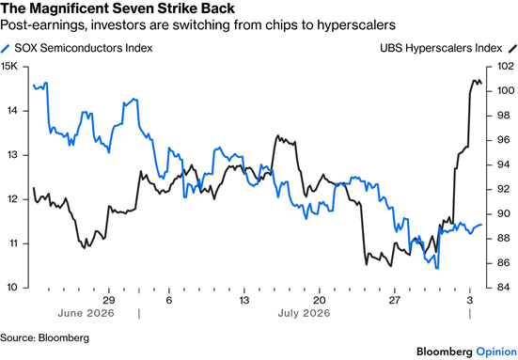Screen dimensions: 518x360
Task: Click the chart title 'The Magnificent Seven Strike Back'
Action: [118, 8]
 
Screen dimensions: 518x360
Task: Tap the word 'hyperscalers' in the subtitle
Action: [356, 25]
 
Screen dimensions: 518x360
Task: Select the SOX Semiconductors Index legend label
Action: [84, 48]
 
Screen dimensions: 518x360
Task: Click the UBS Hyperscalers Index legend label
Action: [441, 48]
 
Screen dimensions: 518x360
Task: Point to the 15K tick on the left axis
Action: [8, 67]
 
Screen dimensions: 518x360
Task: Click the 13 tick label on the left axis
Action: [12, 155]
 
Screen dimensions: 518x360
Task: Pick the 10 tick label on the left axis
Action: [11, 288]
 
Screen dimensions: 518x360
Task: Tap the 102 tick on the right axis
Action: [506, 66]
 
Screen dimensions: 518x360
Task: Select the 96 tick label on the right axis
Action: [504, 140]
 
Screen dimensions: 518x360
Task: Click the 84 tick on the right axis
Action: [504, 288]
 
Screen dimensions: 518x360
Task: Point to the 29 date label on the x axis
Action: [108, 300]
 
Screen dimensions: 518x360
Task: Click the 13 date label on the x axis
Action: [243, 300]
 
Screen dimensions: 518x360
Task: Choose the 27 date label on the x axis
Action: [394, 300]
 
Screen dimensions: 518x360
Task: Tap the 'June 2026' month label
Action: [86, 313]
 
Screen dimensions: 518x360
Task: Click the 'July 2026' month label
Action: [304, 313]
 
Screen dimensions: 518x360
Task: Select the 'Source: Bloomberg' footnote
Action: [44, 337]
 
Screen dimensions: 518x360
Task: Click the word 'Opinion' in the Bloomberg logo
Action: [496, 352]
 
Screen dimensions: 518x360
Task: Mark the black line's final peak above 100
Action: [475, 80]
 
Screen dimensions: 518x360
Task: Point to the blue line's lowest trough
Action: [437, 268]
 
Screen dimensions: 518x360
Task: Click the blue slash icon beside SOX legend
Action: [6, 49]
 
